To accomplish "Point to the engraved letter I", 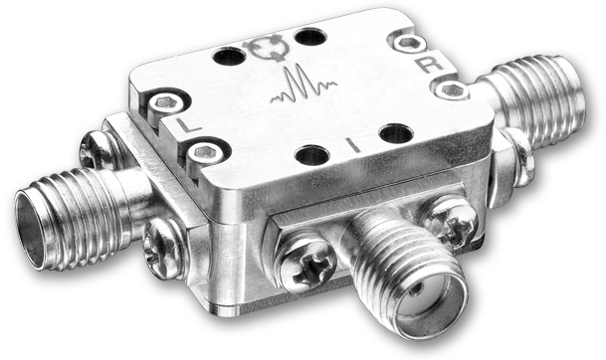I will point(354,145).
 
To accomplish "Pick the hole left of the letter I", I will point(311,156).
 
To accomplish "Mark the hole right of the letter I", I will point(396,133).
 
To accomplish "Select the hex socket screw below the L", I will point(204,153).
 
